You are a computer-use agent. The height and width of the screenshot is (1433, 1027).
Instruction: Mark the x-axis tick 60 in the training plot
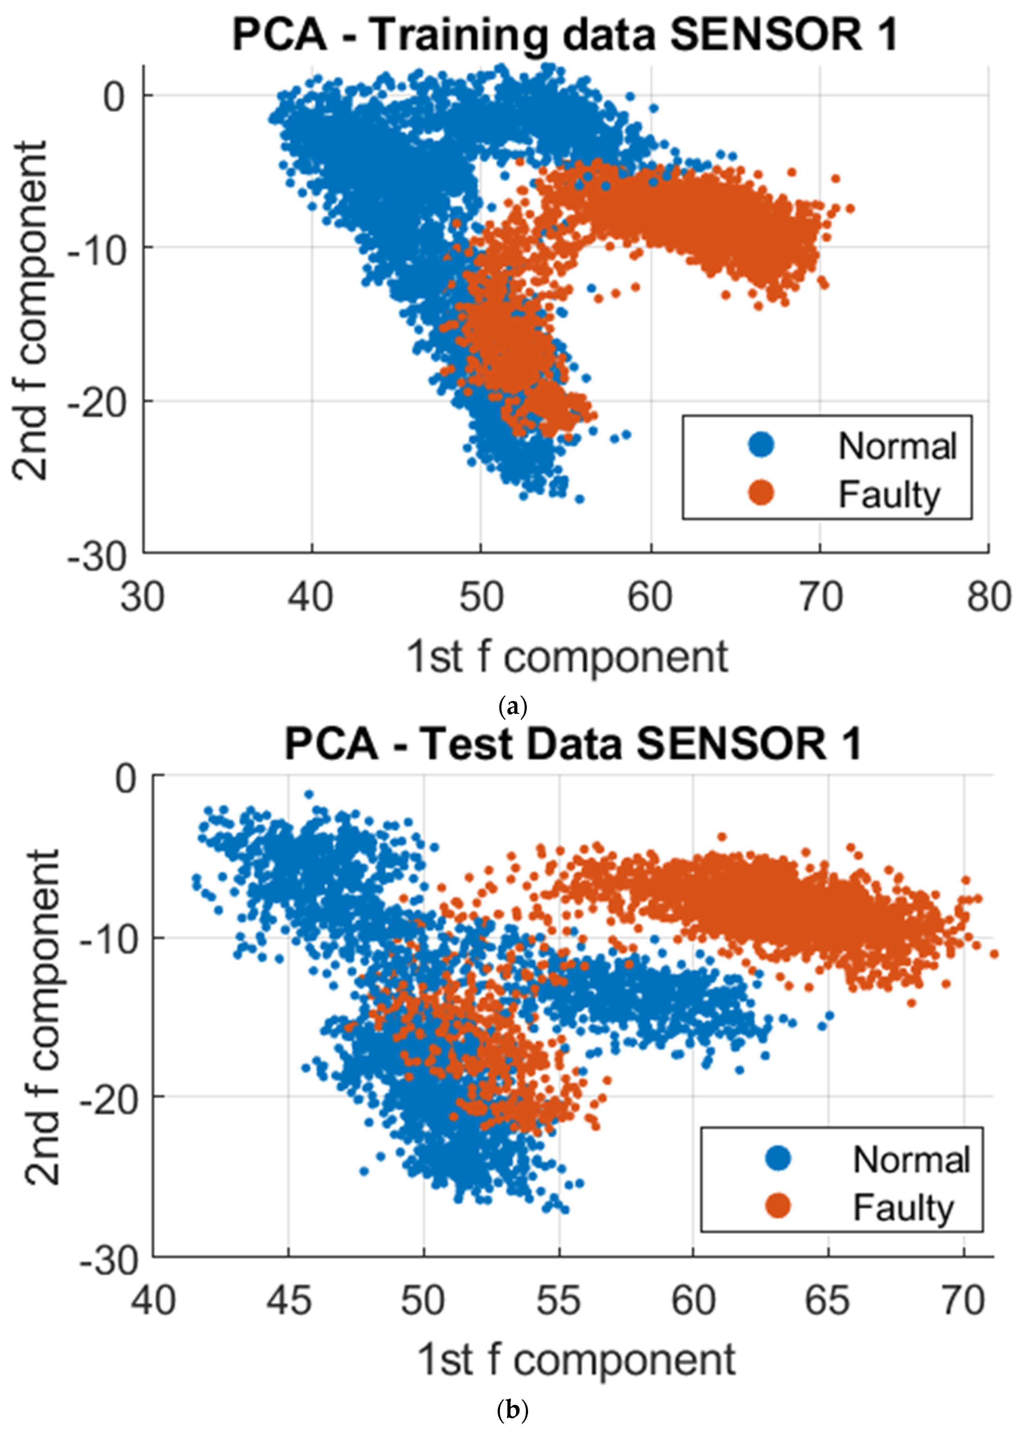(x=650, y=597)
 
